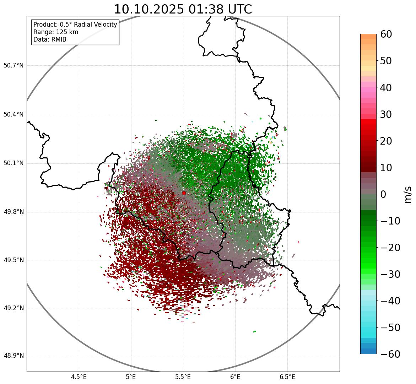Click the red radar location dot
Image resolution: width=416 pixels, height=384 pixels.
pos(184,193)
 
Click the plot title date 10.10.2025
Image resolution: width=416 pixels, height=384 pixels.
pos(148,9)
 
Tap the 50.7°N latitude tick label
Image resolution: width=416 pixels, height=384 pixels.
pos(13,66)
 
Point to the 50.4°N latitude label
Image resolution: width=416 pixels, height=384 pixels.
pos(13,114)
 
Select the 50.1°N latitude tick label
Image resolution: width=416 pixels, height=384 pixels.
pos(13,163)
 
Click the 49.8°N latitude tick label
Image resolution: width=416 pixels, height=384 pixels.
pos(13,212)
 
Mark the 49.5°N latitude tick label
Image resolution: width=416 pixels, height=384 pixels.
pos(13,260)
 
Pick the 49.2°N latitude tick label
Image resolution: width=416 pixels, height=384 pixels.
pos(13,308)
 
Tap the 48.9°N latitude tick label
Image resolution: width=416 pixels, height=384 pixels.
pos(13,356)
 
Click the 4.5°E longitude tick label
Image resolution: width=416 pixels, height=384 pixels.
pos(79,377)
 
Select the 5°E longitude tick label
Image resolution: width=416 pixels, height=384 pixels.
pos(131,377)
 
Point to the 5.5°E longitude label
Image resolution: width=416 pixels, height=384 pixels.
pos(183,377)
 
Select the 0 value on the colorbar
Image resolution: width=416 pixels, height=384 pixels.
pos(383,194)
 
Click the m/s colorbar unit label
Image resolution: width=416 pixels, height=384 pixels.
pos(408,194)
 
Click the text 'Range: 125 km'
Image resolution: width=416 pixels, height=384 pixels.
pos(56,32)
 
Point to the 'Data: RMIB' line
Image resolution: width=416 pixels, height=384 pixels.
pos(50,39)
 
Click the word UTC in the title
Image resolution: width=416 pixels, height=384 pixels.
pos(238,9)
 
